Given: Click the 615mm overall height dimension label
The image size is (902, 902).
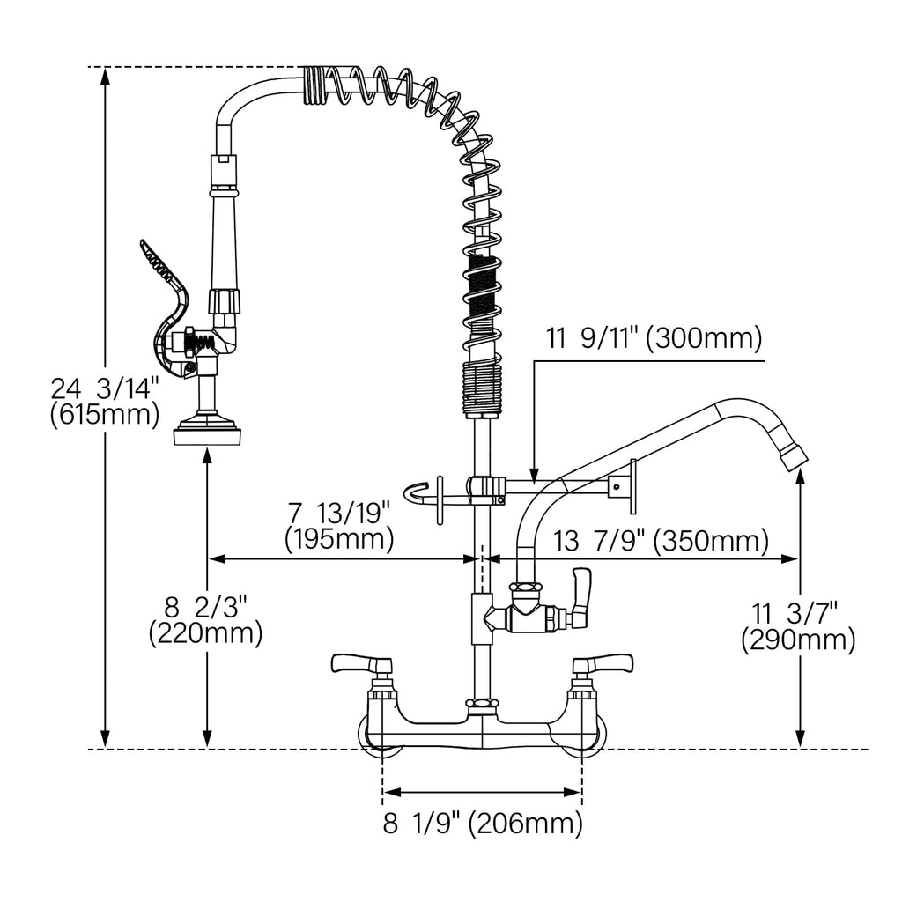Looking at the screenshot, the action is pos(105,402).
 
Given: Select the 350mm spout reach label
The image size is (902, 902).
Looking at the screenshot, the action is pos(661,542).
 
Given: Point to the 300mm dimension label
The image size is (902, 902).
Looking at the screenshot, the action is pos(654,337).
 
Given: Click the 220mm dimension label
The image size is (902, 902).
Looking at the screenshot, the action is pos(206,621).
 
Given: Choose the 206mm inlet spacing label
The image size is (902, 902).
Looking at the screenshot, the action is pos(483,824).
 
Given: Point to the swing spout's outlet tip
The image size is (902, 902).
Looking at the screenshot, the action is pos(795,454).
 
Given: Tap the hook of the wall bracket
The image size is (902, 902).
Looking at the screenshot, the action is pos(416,494).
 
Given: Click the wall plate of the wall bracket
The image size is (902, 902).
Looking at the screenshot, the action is pos(633,486).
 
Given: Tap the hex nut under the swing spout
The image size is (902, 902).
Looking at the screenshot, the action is pos(526,588).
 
